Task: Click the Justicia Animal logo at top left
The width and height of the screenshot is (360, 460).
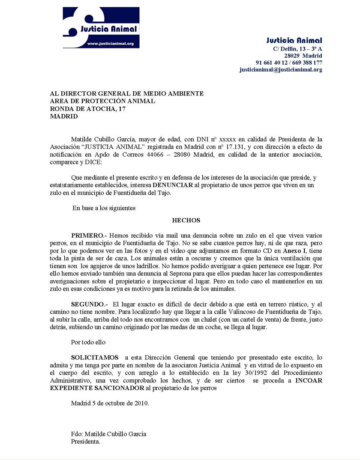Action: coord(101,27)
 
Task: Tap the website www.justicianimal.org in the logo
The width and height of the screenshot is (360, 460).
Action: coord(111,43)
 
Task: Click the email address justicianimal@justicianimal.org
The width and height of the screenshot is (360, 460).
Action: coord(281,69)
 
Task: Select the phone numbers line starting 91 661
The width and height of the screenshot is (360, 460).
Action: coord(289,63)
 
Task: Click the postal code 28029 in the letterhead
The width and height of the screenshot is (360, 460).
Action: coord(292,56)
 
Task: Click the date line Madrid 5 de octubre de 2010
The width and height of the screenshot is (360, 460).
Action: coord(110,403)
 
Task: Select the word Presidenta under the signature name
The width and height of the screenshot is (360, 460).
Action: coord(86,441)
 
